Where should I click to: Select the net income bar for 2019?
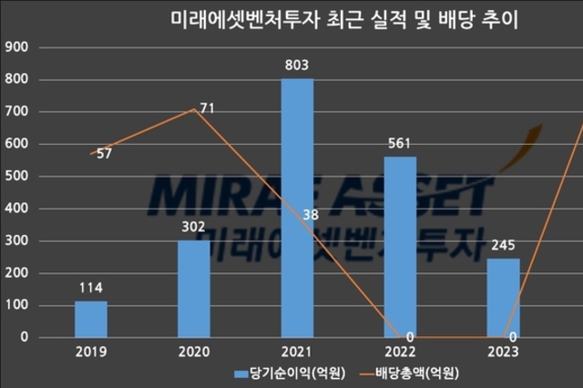pos(91,319)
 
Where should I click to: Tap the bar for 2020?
pos(194,289)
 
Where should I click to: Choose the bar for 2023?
pos(503,298)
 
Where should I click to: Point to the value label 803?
pos(298,66)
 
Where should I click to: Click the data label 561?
pos(401,143)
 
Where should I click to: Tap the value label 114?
pos(91,287)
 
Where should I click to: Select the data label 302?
pos(194,227)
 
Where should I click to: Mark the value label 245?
pos(503,245)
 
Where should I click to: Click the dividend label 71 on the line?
pos(207,108)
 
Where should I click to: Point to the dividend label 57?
pos(104,154)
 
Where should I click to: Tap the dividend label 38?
pos(310,216)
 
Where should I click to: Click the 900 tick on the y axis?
pos(17,48)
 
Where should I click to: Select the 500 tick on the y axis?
pos(17,177)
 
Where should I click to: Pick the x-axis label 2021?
pos(297,352)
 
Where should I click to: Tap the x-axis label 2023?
pos(503,352)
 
